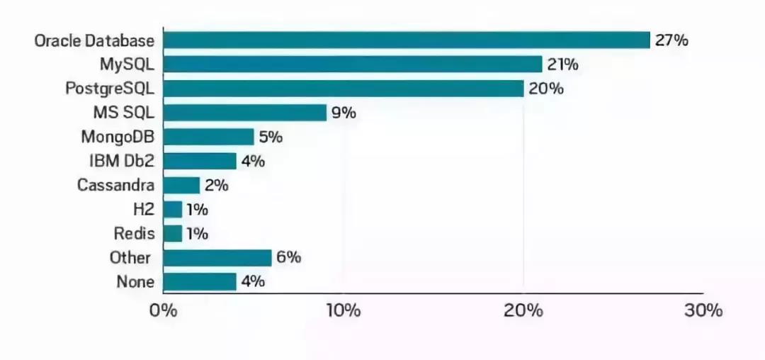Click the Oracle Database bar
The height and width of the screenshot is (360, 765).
(x=407, y=40)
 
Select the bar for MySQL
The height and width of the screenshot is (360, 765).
(x=353, y=64)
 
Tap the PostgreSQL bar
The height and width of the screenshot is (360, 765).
(x=344, y=89)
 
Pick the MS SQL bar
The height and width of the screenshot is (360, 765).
(x=245, y=113)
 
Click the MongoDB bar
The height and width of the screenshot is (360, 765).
(x=208, y=137)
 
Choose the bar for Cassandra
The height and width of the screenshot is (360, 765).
(x=181, y=185)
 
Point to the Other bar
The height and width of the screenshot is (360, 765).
(x=217, y=257)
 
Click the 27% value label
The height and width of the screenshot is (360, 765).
(x=671, y=40)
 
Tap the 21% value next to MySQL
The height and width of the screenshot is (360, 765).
(x=562, y=64)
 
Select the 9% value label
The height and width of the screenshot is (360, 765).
(x=343, y=113)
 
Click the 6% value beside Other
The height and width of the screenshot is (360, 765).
(x=288, y=257)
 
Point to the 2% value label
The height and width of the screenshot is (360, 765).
(x=216, y=185)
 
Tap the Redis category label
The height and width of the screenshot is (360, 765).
(x=134, y=233)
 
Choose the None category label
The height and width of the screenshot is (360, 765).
(x=135, y=281)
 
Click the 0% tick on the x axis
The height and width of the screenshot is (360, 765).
(x=163, y=311)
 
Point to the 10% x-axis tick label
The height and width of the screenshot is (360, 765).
(x=343, y=311)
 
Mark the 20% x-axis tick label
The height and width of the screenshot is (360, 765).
(x=523, y=311)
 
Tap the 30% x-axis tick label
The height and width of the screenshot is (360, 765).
(x=703, y=311)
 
